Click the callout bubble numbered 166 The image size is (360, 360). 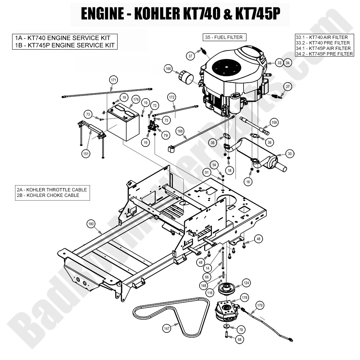click(x=168, y=68)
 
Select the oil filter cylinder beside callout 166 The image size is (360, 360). click(x=187, y=78)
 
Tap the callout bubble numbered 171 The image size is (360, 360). click(x=114, y=80)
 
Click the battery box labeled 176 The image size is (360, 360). click(x=123, y=123)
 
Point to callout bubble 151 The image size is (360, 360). click(x=86, y=154)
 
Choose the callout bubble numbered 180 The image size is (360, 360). click(x=91, y=223)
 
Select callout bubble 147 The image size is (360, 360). click(x=167, y=329)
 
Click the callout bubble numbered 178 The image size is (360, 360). click(x=244, y=296)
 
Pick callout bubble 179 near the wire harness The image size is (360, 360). click(x=260, y=305)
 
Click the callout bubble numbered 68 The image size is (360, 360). click(x=240, y=340)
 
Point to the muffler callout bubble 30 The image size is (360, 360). click(x=290, y=154)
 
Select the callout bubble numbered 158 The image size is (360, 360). click(x=274, y=122)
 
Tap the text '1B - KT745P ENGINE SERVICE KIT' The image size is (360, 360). click(x=64, y=46)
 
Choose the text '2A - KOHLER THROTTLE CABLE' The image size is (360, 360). click(x=52, y=190)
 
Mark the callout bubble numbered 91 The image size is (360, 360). click(x=207, y=172)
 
